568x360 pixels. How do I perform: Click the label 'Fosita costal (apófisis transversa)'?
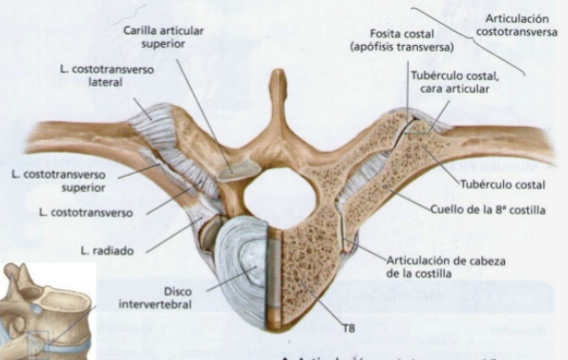(x=401, y=39)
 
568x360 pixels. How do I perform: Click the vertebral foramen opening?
(x=279, y=189)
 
